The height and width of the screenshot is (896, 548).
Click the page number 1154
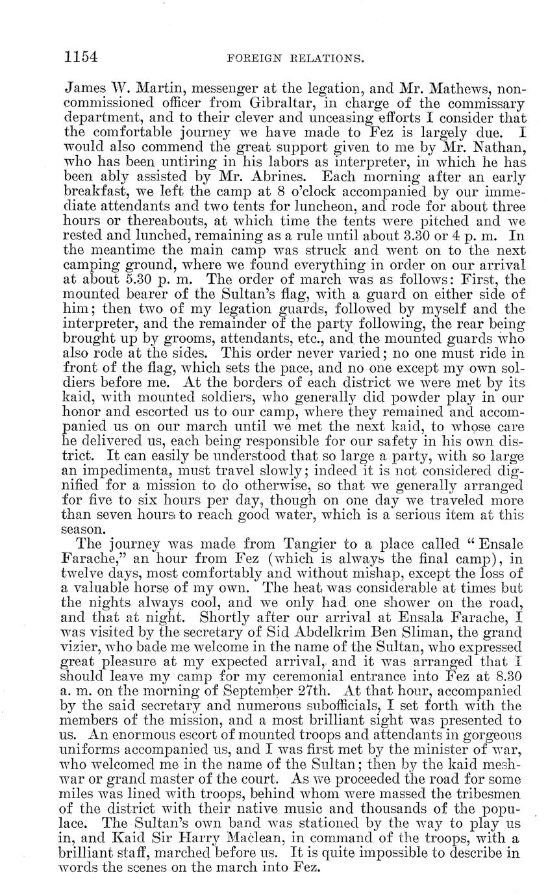[x=81, y=56]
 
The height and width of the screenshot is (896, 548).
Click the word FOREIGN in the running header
[x=251, y=58]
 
